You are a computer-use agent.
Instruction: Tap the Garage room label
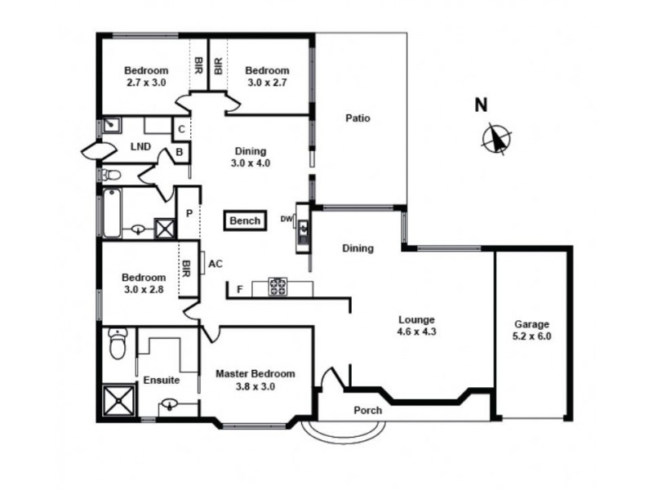[x=531, y=329]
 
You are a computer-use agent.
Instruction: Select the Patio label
[x=358, y=118]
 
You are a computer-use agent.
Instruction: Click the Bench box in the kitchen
[x=245, y=220]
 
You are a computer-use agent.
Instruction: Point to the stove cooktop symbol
[x=278, y=287]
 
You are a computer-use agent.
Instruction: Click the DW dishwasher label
[x=287, y=219]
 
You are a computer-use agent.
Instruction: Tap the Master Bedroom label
[x=255, y=380]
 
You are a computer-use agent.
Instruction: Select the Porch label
[x=367, y=410]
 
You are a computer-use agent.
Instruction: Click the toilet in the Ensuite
[x=119, y=344]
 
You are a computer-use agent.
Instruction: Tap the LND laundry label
[x=140, y=147]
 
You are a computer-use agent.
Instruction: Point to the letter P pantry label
[x=189, y=213]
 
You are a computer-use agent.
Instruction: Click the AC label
[x=215, y=264]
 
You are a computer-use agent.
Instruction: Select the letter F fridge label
[x=239, y=288]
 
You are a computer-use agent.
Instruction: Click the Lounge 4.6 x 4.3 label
[x=416, y=326]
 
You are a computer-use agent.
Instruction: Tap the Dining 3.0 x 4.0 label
[x=251, y=157]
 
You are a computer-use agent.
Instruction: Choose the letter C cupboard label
[x=181, y=128]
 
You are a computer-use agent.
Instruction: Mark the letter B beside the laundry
[x=181, y=152]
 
